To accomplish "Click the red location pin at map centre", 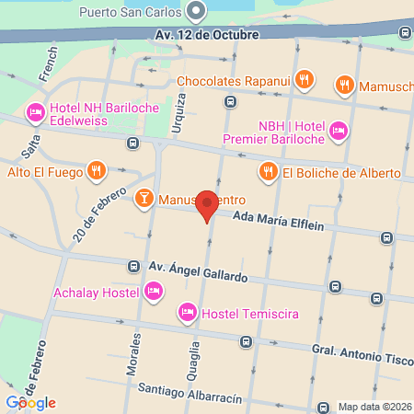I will tap(208, 206).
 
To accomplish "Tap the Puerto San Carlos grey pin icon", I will tap(195, 12).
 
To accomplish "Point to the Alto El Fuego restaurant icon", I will tap(96, 170).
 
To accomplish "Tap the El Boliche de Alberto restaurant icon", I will tap(268, 171).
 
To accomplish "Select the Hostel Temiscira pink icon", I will tap(188, 313).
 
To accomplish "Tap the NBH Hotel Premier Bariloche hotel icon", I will tap(338, 132).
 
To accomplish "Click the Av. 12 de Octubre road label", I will tap(207, 35).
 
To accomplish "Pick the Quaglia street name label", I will tap(195, 359).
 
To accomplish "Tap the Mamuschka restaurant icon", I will tap(345, 86).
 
